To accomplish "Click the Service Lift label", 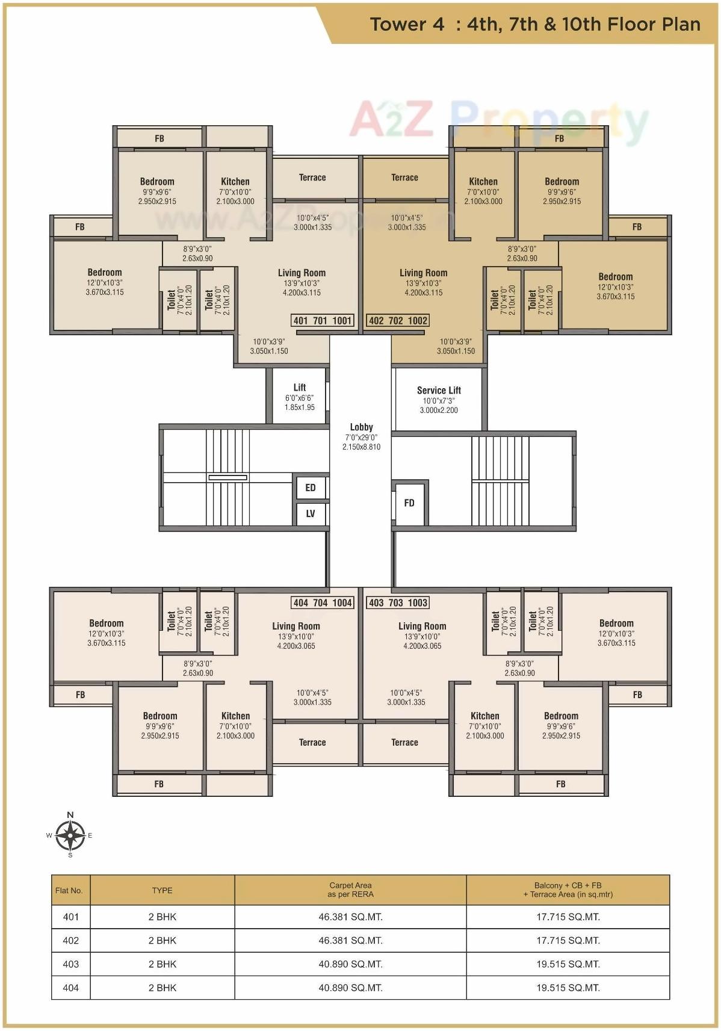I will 439,391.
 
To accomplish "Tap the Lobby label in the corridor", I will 361,427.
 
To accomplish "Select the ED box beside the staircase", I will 311,488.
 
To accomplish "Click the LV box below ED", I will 311,513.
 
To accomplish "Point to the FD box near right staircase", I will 409,503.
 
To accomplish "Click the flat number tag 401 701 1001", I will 323,320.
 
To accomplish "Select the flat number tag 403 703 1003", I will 398,602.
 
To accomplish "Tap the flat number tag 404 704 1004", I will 323,602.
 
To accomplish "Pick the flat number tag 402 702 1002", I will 398,320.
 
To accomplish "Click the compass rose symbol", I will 70,835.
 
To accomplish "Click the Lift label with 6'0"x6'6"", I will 300,388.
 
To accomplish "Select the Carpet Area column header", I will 350,890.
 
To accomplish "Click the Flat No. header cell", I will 69,890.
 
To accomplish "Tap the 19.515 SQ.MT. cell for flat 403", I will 568,964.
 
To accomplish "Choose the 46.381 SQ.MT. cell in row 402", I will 350,940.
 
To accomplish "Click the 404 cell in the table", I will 71,987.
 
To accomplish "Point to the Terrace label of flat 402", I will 404,178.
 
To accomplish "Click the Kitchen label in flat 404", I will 235,716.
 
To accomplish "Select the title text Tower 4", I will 407,24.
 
